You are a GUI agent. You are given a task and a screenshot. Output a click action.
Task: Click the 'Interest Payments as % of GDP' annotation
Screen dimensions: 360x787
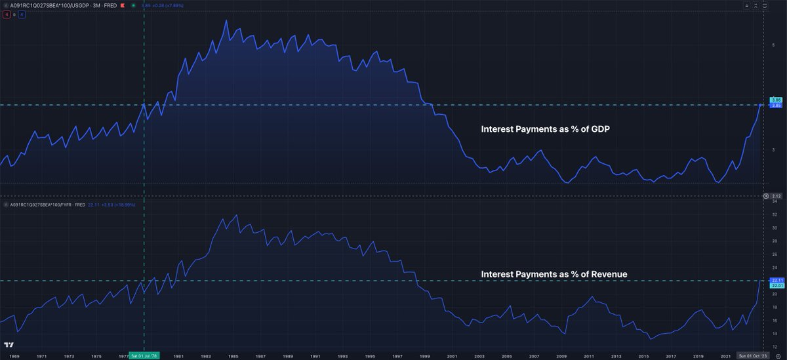click(x=546, y=130)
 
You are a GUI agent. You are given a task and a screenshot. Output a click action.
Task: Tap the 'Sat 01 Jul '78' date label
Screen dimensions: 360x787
click(x=144, y=355)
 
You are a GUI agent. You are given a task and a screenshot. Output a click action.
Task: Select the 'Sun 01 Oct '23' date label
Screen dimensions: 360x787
click(x=752, y=355)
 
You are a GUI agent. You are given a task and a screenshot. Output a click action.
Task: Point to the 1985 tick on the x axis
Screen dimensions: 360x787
click(x=233, y=355)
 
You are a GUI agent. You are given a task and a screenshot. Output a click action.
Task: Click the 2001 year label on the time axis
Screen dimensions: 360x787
click(x=452, y=355)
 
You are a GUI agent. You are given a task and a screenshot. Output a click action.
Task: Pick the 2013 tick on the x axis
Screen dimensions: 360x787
click(x=616, y=355)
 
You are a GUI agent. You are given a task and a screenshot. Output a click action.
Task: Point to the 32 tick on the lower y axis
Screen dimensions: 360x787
click(x=774, y=215)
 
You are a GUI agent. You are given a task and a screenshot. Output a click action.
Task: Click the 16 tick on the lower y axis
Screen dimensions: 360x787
click(x=774, y=321)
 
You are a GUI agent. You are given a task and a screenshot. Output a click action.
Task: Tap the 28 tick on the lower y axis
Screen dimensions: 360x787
click(x=774, y=241)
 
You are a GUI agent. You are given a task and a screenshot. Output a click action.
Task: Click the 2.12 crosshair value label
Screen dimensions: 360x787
click(x=775, y=196)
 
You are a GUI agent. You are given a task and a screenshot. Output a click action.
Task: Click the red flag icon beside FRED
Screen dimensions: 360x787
click(x=123, y=5)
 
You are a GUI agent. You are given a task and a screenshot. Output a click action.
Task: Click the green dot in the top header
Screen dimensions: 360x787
click(x=133, y=5)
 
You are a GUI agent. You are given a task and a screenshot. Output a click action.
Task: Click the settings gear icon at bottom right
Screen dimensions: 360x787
click(x=777, y=355)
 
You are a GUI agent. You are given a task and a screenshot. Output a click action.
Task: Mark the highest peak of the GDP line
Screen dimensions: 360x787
click(x=226, y=20)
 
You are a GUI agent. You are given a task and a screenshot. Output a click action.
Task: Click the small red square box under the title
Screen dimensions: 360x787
click(x=6, y=14)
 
